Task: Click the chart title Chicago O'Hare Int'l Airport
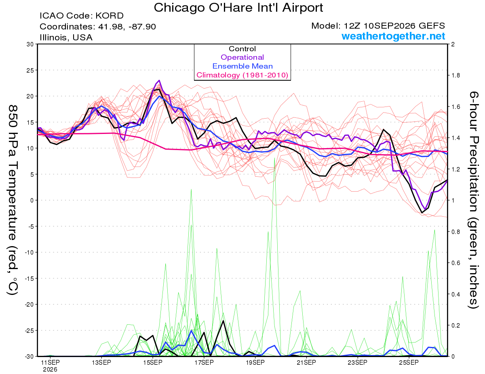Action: (238, 8)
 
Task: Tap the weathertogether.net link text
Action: (393, 36)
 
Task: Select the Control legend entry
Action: (242, 49)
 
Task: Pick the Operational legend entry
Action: (242, 57)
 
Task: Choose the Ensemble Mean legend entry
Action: (242, 66)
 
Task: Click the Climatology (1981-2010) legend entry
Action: (242, 75)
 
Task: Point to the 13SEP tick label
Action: (101, 362)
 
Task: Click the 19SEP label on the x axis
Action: (255, 362)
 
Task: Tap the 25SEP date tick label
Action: (409, 362)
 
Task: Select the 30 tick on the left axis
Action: (30, 44)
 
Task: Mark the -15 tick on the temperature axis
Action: (29, 278)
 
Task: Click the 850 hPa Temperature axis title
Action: (13, 200)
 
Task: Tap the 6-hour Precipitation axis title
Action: (474, 200)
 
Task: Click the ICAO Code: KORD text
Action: (82, 16)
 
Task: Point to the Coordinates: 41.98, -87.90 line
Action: (98, 27)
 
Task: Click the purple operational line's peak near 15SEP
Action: (159, 80)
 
